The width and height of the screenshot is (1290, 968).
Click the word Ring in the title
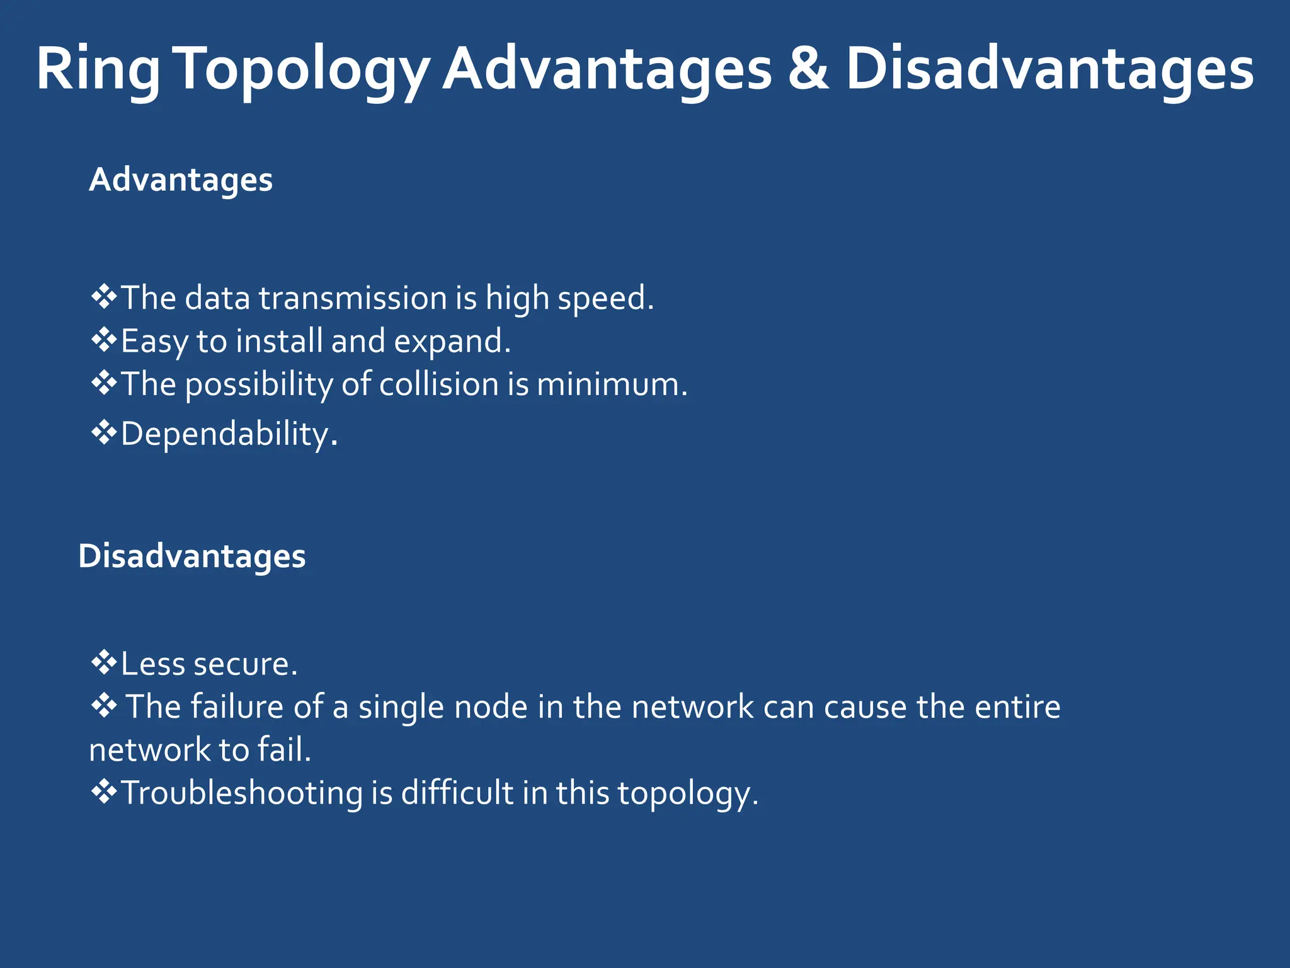click(x=98, y=69)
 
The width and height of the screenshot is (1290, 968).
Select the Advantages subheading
click(x=181, y=180)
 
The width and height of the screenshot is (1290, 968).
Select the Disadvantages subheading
click(x=192, y=556)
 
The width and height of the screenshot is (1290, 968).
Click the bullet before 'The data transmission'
click(x=104, y=297)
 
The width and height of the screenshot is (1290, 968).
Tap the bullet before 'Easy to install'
click(x=104, y=340)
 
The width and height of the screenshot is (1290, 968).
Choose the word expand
click(x=452, y=342)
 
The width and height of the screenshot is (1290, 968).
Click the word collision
click(x=439, y=384)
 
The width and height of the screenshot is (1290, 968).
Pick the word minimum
click(x=612, y=384)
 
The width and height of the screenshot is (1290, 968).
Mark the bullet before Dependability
click(x=104, y=433)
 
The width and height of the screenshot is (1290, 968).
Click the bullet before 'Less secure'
click(x=104, y=663)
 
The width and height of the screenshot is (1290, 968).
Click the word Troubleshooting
click(x=241, y=793)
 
